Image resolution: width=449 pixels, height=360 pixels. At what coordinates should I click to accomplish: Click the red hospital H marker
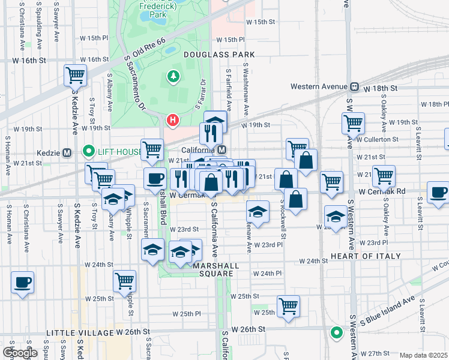coord(173,121)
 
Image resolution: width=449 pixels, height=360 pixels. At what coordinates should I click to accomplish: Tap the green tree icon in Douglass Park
coord(173,76)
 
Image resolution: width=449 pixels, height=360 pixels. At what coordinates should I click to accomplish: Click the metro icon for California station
coord(221,149)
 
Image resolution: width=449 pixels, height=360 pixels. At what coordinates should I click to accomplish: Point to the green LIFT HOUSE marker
coord(89,151)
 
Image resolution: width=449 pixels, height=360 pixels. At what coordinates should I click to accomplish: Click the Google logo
coord(20,352)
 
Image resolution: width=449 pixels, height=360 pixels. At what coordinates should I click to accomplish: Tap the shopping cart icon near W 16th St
coord(76,76)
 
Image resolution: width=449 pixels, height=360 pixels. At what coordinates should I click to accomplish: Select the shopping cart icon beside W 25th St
coord(289,305)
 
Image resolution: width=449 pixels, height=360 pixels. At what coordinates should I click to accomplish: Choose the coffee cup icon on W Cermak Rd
coord(438,193)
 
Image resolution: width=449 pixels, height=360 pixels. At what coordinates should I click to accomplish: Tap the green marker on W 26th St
coord(336,332)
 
